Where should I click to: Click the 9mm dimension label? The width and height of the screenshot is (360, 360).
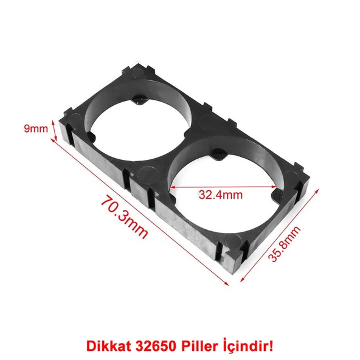click(35, 128)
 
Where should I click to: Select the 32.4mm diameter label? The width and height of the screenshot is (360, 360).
click(220, 195)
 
